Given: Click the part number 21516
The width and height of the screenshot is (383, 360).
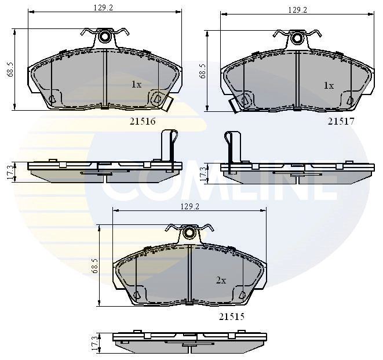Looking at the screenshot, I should point(142,121).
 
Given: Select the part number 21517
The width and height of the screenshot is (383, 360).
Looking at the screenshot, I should point(341,121).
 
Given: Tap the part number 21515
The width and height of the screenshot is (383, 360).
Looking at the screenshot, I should point(231,317).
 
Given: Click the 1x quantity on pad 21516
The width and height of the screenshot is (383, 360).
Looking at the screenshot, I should point(136,85).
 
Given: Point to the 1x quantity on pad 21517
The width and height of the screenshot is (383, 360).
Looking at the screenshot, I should point(329,86).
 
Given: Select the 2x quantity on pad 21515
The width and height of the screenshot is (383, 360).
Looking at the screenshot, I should point(221,280).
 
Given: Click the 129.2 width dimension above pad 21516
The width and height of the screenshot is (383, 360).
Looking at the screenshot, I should point(103,7).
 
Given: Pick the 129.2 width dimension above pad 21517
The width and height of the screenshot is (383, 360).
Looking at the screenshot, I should point(297,10).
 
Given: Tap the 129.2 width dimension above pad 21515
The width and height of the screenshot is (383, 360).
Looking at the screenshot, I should point(190,206).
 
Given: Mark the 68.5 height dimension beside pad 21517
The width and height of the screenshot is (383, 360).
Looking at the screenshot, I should point(203,71).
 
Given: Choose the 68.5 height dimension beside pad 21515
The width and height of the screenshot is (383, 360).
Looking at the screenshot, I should point(94,266).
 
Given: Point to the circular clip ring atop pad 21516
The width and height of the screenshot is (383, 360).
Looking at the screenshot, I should point(105,37).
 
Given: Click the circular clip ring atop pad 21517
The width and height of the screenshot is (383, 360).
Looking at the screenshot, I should point(297,39).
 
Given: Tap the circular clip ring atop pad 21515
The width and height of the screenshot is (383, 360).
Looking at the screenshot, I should point(189,233).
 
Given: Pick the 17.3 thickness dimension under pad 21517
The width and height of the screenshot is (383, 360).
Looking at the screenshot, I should point(203,172).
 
